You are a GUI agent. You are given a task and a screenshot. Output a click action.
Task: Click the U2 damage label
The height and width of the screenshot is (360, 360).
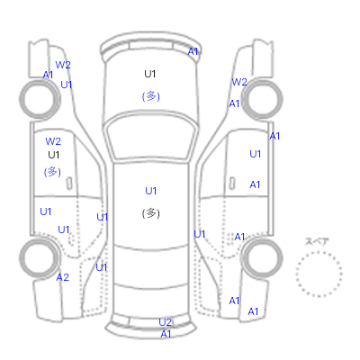[165, 322]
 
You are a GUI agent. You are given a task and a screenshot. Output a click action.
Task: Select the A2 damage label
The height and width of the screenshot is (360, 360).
[63, 277]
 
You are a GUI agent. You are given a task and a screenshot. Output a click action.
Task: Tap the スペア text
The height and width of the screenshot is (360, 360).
[317, 241]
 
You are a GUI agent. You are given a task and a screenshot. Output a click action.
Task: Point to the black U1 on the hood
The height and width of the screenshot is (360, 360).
[150, 74]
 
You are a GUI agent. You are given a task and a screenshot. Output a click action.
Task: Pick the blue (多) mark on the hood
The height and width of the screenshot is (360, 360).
[150, 96]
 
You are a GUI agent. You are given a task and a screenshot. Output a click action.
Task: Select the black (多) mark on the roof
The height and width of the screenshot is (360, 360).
[150, 213]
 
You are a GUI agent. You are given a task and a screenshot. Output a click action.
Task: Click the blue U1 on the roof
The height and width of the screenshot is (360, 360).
[150, 191]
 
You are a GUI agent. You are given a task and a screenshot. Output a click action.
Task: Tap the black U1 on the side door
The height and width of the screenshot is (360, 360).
[54, 155]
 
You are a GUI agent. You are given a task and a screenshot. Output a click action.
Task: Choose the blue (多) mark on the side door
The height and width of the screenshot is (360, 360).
[52, 172]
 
